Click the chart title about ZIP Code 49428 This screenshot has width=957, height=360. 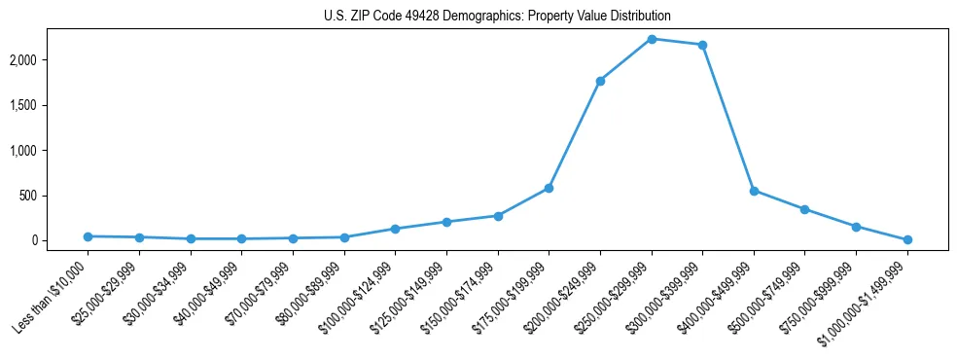tap(497, 17)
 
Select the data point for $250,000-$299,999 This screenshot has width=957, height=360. tap(652, 39)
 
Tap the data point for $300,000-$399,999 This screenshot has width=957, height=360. tap(702, 45)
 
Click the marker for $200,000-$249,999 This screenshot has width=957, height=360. tap(600, 81)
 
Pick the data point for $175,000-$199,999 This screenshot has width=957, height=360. tap(549, 188)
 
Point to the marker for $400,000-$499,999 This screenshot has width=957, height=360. tap(754, 191)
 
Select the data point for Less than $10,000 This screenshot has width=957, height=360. tap(89, 236)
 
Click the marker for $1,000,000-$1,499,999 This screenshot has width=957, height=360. tap(907, 239)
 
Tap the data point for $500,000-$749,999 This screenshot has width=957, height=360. tap(804, 209)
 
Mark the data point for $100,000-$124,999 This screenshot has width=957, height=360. tap(395, 229)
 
